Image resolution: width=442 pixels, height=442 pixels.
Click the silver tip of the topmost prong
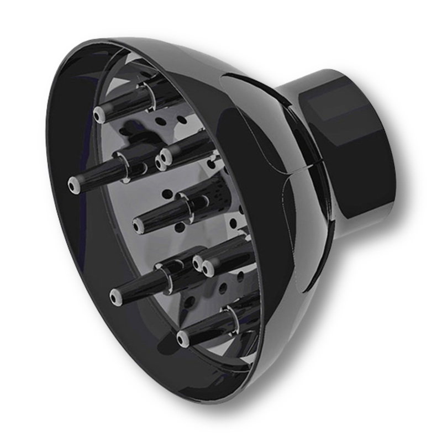(100, 115)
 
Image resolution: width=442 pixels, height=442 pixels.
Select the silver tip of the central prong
(139, 224)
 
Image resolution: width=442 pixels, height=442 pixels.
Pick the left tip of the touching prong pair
(198, 262)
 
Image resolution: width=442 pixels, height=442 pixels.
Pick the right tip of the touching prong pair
(208, 269)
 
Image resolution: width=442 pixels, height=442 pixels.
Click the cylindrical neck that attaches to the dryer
(354, 149)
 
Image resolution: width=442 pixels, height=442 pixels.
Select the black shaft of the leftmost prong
(99, 173)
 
